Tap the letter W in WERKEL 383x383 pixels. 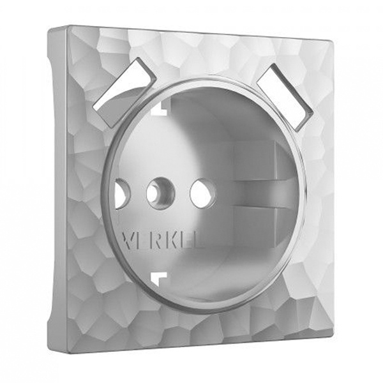pyautogui.click(x=127, y=239)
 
